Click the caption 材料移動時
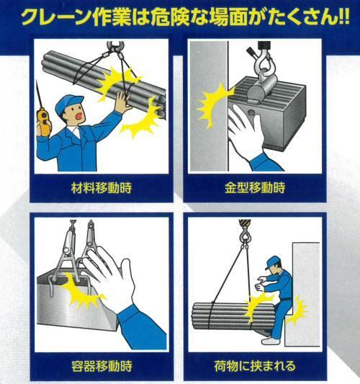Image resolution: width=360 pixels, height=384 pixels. pyautogui.click(x=102, y=188)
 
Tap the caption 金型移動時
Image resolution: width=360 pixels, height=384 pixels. pyautogui.click(x=255, y=188)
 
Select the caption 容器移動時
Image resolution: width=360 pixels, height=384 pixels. pyautogui.click(x=102, y=366)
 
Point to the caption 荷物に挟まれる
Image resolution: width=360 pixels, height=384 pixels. pyautogui.click(x=255, y=366)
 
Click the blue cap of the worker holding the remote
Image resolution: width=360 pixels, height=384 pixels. pyautogui.click(x=68, y=104)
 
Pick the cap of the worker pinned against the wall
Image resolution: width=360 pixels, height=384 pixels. pyautogui.click(x=272, y=262)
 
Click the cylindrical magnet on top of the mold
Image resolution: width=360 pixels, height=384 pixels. pyautogui.click(x=261, y=89)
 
